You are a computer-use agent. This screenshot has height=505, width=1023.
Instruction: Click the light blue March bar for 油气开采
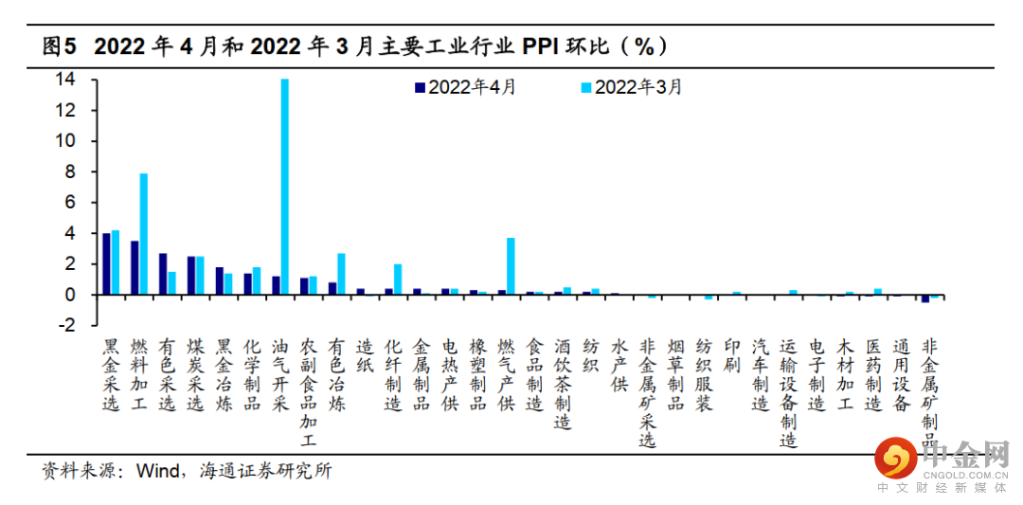pos(284,187)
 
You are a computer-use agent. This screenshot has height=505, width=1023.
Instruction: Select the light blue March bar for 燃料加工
pos(144,234)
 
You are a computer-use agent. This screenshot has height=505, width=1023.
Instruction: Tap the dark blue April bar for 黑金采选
pos(107,263)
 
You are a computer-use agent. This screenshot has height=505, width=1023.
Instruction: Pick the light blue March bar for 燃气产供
pos(511,266)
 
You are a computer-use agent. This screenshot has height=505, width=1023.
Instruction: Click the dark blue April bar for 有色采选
pos(163,274)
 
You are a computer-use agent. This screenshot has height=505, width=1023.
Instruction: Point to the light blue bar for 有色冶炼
pos(341,274)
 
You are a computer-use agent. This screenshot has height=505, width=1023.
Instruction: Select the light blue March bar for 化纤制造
pos(398,280)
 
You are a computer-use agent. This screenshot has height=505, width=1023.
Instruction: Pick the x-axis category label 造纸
pos(365,356)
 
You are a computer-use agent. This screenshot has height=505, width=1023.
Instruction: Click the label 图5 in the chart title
pos(59,46)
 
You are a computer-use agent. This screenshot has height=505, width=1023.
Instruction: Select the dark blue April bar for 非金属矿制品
pos(925,298)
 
